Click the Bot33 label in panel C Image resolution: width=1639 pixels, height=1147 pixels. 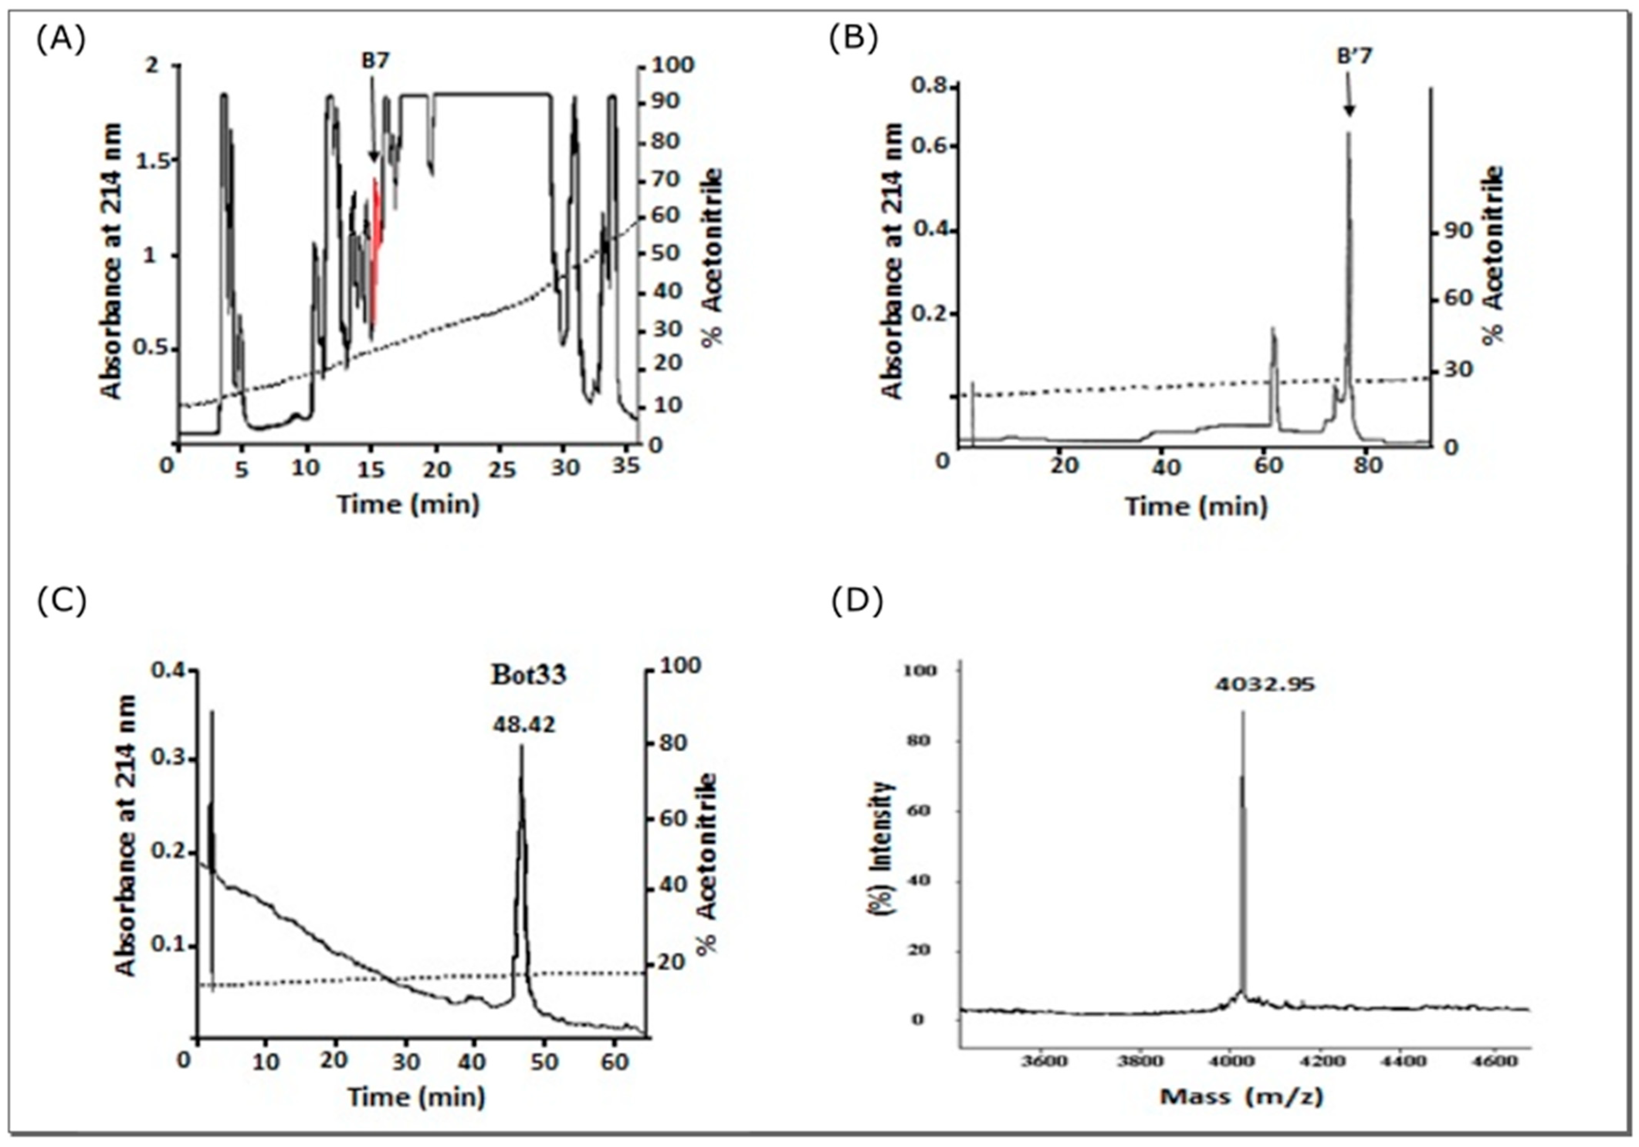click(x=528, y=675)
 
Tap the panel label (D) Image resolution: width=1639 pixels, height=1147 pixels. click(x=857, y=603)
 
